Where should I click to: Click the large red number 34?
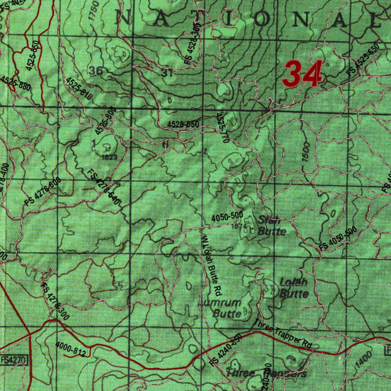click(302, 74)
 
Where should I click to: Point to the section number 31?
click(167, 73)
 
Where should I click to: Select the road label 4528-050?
click(183, 124)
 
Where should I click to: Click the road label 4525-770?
click(222, 128)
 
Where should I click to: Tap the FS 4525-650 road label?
click(363, 61)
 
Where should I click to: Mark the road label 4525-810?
click(79, 89)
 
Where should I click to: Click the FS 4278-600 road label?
click(42, 192)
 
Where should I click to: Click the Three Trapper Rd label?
click(284, 333)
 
